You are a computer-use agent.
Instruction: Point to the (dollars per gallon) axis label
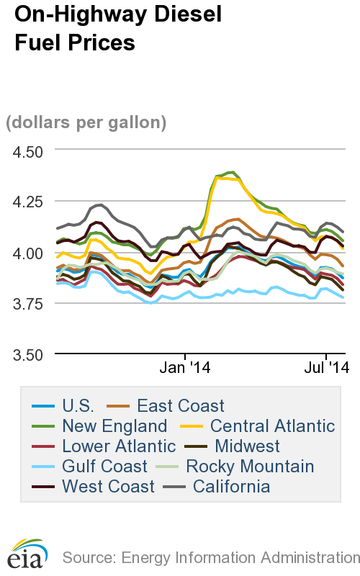coord(86,122)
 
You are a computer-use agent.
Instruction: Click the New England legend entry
coord(114,426)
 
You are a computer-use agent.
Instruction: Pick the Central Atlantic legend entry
coord(272,426)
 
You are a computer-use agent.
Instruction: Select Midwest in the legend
coord(247,446)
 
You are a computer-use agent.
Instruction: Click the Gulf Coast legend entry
coord(104,467)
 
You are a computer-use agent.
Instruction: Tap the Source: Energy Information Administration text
coord(210,557)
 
